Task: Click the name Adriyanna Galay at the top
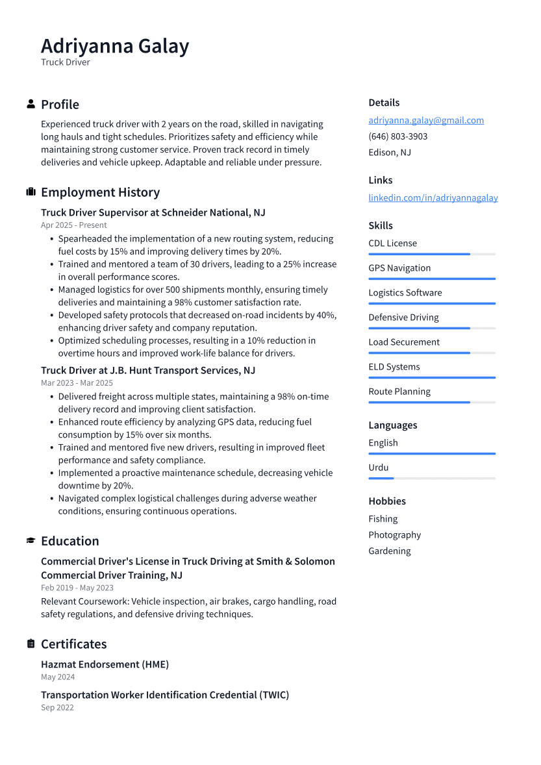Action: click(x=115, y=46)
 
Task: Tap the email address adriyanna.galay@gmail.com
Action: click(x=426, y=120)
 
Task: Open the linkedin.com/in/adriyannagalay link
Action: click(x=433, y=197)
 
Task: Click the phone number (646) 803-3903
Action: click(x=397, y=136)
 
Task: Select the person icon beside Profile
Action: click(x=31, y=104)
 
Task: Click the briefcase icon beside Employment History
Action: click(x=31, y=192)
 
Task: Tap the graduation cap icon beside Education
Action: click(x=31, y=540)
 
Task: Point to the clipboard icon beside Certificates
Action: click(x=31, y=644)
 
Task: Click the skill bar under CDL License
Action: click(x=431, y=254)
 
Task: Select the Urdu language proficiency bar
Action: click(x=431, y=478)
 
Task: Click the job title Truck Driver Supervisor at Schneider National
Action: click(x=153, y=212)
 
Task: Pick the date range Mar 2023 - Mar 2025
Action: click(x=77, y=383)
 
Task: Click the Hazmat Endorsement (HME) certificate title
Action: click(x=105, y=664)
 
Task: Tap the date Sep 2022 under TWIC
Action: click(x=57, y=708)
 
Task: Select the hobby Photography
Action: click(x=394, y=534)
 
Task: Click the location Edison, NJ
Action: click(x=389, y=153)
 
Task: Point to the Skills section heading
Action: click(x=381, y=225)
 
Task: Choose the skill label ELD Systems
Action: click(x=394, y=367)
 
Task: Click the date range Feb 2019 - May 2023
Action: click(x=77, y=588)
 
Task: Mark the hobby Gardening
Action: click(x=389, y=551)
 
